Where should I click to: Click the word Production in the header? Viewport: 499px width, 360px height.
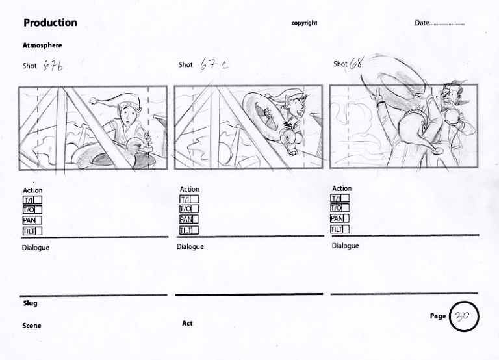click(x=50, y=23)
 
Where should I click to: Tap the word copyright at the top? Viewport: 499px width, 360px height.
click(x=304, y=23)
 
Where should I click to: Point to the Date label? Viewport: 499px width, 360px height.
click(x=422, y=23)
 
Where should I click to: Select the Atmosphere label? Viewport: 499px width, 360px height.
click(x=42, y=45)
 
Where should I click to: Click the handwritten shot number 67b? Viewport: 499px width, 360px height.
click(x=53, y=66)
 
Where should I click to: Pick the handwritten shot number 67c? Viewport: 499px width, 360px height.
click(x=214, y=64)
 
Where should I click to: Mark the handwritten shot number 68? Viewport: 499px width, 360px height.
click(x=356, y=63)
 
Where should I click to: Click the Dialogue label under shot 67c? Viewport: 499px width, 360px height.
click(x=190, y=247)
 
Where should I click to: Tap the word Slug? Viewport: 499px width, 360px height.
click(x=30, y=303)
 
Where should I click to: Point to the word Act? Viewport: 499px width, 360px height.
click(x=187, y=324)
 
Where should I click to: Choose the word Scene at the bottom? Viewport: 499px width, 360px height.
click(x=31, y=326)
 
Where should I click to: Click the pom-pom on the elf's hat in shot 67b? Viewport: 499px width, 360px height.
click(x=94, y=101)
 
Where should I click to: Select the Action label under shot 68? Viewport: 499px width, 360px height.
click(x=342, y=188)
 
